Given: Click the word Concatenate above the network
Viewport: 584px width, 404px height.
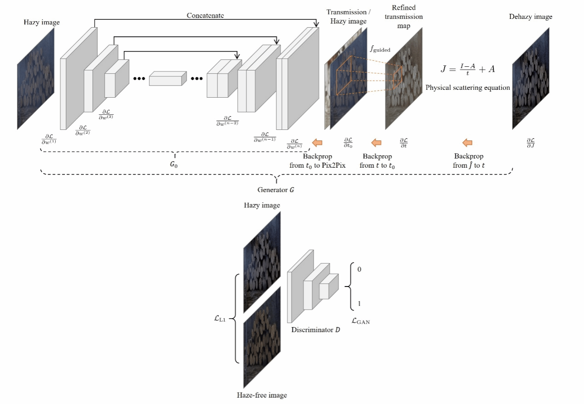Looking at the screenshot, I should point(205,16).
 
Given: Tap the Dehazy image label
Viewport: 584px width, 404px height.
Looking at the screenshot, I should point(531,17).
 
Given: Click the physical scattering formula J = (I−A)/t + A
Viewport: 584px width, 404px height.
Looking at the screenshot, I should point(467,70).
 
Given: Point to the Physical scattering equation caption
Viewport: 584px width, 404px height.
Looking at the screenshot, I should point(467,88).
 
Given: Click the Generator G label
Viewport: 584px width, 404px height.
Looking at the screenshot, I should point(275,189).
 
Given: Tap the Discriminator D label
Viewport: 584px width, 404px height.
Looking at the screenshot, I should point(315,330).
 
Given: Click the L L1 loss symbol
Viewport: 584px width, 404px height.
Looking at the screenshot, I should point(220,317).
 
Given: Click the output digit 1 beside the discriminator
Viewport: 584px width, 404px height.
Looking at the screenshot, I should point(359,304).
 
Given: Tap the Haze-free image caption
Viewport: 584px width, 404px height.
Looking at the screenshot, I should point(262,395).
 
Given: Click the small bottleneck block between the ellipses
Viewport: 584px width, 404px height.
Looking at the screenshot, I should point(168,79).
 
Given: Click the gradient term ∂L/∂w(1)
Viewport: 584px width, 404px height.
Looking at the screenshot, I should point(49,139).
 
